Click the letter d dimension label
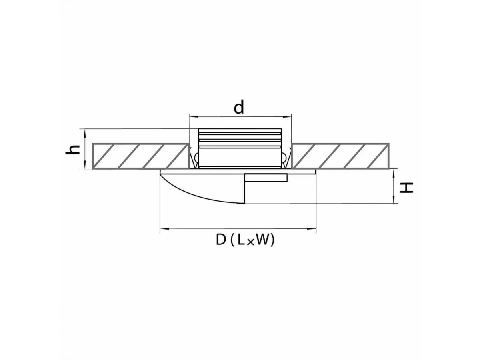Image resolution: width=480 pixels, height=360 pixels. click(x=238, y=107)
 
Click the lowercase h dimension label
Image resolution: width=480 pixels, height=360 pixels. click(x=72, y=150)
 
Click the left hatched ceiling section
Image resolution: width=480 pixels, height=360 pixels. click(x=141, y=156)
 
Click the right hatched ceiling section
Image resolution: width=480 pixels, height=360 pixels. click(x=340, y=156)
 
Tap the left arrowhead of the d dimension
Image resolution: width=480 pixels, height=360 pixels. click(x=193, y=117)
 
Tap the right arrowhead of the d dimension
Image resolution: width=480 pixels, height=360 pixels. click(x=288, y=117)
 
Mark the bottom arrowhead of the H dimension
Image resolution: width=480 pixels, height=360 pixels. click(x=394, y=200)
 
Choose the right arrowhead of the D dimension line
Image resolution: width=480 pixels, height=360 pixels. click(x=312, y=229)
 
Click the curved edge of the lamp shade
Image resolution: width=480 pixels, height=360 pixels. click(x=197, y=192)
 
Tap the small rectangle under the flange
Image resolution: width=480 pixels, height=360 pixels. click(x=266, y=178)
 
